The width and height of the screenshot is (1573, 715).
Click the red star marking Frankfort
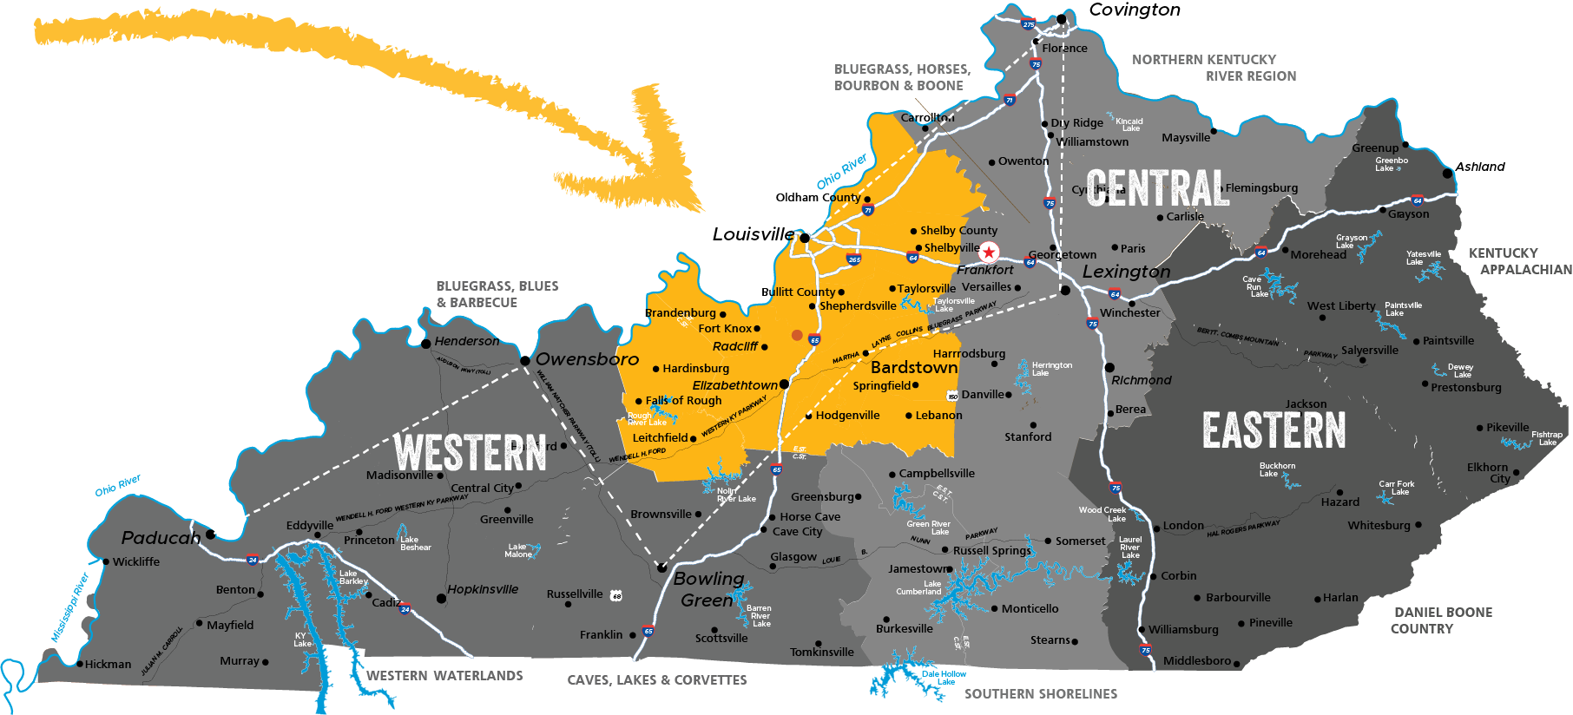[989, 253]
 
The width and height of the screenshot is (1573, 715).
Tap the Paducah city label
[161, 538]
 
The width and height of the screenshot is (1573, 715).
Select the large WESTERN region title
[470, 452]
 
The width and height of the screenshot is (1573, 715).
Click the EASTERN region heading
[1274, 430]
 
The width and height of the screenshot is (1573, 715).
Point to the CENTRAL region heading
[1157, 188]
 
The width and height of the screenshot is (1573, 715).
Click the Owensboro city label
[587, 359]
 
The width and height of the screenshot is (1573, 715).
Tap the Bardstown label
[914, 367]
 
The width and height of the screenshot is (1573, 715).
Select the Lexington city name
[1126, 272]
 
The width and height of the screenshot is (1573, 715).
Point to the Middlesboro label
[1196, 661]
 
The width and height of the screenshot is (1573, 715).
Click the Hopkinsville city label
[483, 589]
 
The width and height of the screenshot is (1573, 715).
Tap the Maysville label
[1186, 138]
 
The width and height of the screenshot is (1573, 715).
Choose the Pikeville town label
[1507, 427]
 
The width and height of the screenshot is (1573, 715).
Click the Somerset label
[1080, 541]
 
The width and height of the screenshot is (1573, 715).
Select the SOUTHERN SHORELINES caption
[1041, 694]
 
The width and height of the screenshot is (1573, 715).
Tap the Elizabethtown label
[734, 385]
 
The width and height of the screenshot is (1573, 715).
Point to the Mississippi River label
[70, 607]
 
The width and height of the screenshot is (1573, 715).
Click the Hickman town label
[108, 664]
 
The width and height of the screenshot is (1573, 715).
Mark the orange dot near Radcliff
[797, 335]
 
